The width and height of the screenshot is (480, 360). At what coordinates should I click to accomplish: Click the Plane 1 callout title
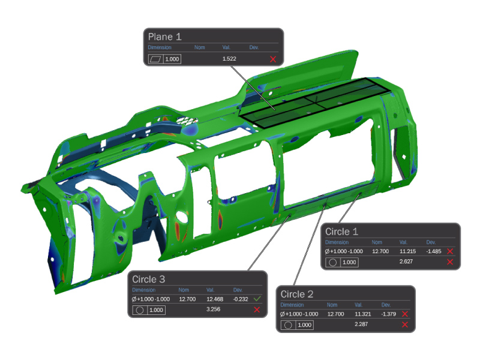(164, 37)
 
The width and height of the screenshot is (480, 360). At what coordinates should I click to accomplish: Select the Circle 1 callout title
(341, 232)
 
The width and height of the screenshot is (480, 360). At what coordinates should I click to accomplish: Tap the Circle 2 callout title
(297, 294)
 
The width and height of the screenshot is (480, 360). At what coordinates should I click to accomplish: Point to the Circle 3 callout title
(148, 279)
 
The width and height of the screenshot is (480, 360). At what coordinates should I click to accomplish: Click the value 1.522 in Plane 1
(229, 59)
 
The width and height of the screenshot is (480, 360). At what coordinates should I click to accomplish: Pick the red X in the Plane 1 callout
(273, 59)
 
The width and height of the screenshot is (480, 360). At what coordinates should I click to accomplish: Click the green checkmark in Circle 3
(257, 298)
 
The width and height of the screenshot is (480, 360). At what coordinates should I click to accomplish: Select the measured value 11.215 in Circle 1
(408, 251)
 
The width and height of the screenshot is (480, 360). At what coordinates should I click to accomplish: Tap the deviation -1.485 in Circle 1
(434, 251)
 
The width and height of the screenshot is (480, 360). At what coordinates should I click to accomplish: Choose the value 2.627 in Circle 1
(406, 262)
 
